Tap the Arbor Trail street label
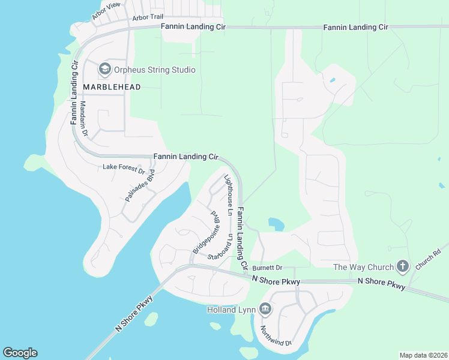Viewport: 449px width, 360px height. tap(148, 18)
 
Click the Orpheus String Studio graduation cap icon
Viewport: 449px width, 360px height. tap(105, 70)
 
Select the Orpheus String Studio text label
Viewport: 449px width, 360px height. tap(154, 70)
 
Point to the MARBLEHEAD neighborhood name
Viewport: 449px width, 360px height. tap(112, 87)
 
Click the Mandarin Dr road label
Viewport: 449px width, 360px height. tap(83, 116)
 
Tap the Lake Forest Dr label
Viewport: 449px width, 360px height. tap(124, 169)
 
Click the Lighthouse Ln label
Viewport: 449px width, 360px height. tap(228, 195)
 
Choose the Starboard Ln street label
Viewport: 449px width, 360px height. tap(220, 245)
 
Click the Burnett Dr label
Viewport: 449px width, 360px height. tap(267, 267)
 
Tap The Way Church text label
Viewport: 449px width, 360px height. tap(364, 267)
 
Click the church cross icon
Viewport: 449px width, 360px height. tap(402, 266)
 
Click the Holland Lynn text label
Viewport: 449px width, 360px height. tap(231, 310)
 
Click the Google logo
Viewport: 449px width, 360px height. tap(20, 353)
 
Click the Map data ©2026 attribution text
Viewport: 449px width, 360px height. tap(424, 355)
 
